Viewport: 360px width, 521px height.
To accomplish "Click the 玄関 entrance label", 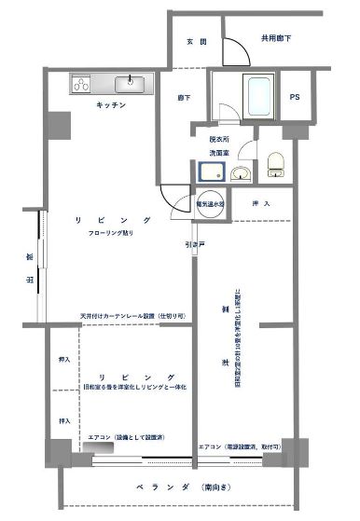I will click(197, 42).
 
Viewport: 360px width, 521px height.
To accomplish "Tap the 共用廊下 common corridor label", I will click(275, 38).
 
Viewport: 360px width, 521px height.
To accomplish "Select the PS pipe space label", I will click(295, 97).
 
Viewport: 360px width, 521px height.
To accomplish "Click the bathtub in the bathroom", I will click(256, 96).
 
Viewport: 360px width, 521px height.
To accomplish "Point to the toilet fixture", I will click(275, 165).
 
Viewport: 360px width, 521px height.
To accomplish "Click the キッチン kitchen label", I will click(110, 105).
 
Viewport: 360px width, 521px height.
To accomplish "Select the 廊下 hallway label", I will click(185, 97).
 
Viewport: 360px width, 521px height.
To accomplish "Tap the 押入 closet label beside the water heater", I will click(261, 202).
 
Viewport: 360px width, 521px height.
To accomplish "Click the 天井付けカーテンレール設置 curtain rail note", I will click(132, 316).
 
